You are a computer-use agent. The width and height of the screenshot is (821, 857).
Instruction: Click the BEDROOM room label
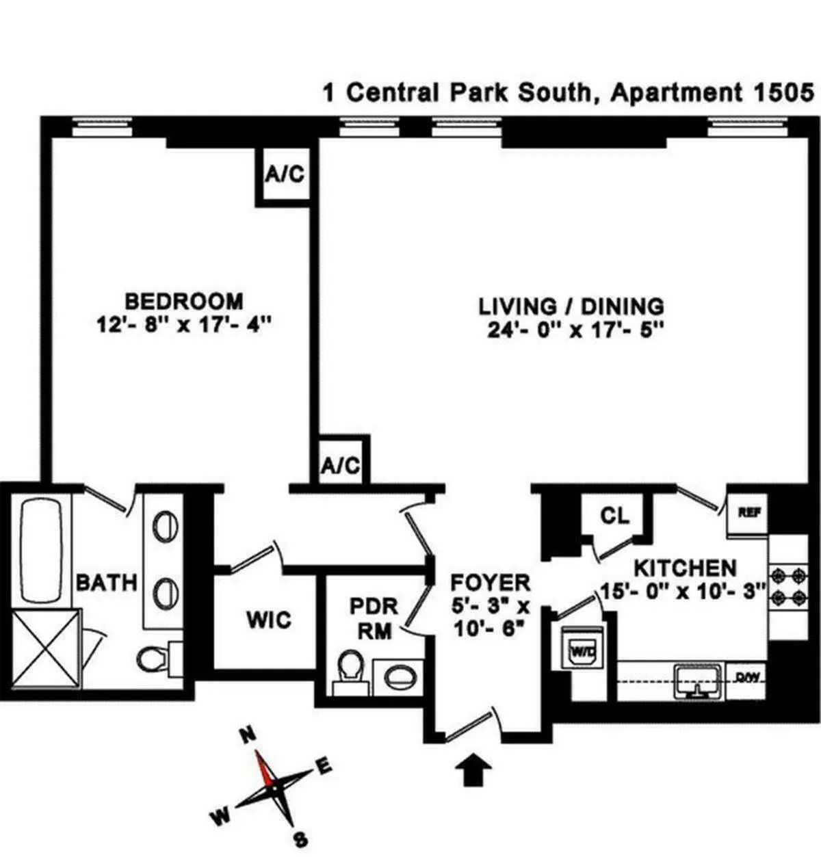click(183, 300)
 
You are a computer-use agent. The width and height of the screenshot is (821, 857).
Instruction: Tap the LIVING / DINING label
click(571, 305)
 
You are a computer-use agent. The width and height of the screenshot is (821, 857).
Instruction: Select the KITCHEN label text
click(685, 568)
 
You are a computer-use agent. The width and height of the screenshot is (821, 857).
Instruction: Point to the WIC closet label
click(268, 620)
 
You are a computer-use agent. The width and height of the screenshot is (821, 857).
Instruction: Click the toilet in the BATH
click(153, 660)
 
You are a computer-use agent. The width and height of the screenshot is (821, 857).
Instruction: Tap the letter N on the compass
click(248, 736)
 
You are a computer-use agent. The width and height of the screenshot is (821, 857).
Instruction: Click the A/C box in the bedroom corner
click(285, 174)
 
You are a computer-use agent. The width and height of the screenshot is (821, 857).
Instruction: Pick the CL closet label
click(614, 516)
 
